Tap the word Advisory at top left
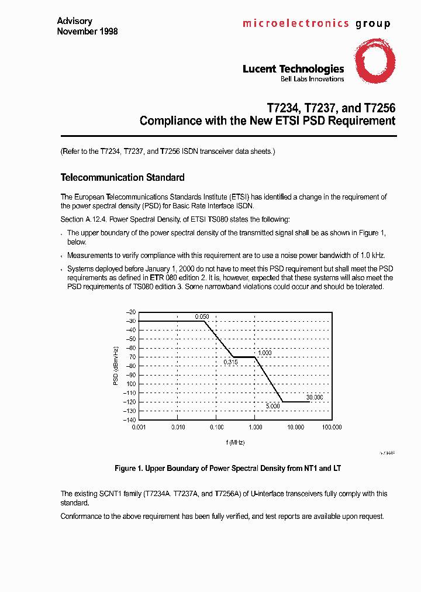coord(74,21)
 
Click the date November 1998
coord(87,31)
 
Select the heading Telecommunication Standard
coord(123,177)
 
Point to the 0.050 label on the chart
coord(202,316)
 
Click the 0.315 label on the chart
coord(230,362)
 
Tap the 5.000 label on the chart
coord(272,406)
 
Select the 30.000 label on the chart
coord(314,397)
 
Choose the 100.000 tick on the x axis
coord(332,428)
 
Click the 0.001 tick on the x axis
coord(139,428)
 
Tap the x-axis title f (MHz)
coord(235,442)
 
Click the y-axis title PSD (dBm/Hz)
coord(116,366)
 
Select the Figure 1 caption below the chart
coord(227,469)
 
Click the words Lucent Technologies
coord(293,69)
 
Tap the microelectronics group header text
coord(316,24)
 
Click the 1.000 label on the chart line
coord(265,353)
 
